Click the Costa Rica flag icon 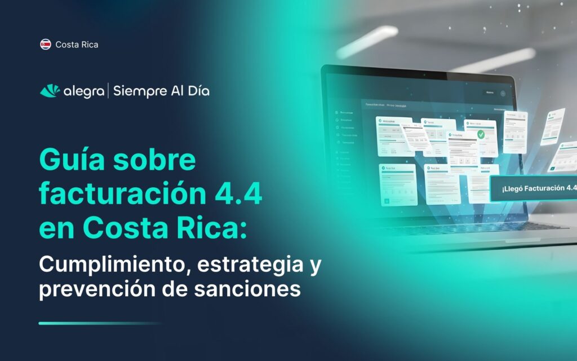pos(46,44)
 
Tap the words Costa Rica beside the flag pos(77,44)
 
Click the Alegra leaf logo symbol pos(49,91)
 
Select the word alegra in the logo pos(83,91)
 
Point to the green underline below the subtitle pos(100,323)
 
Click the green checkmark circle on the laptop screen pos(480,134)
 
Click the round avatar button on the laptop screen pos(503,93)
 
